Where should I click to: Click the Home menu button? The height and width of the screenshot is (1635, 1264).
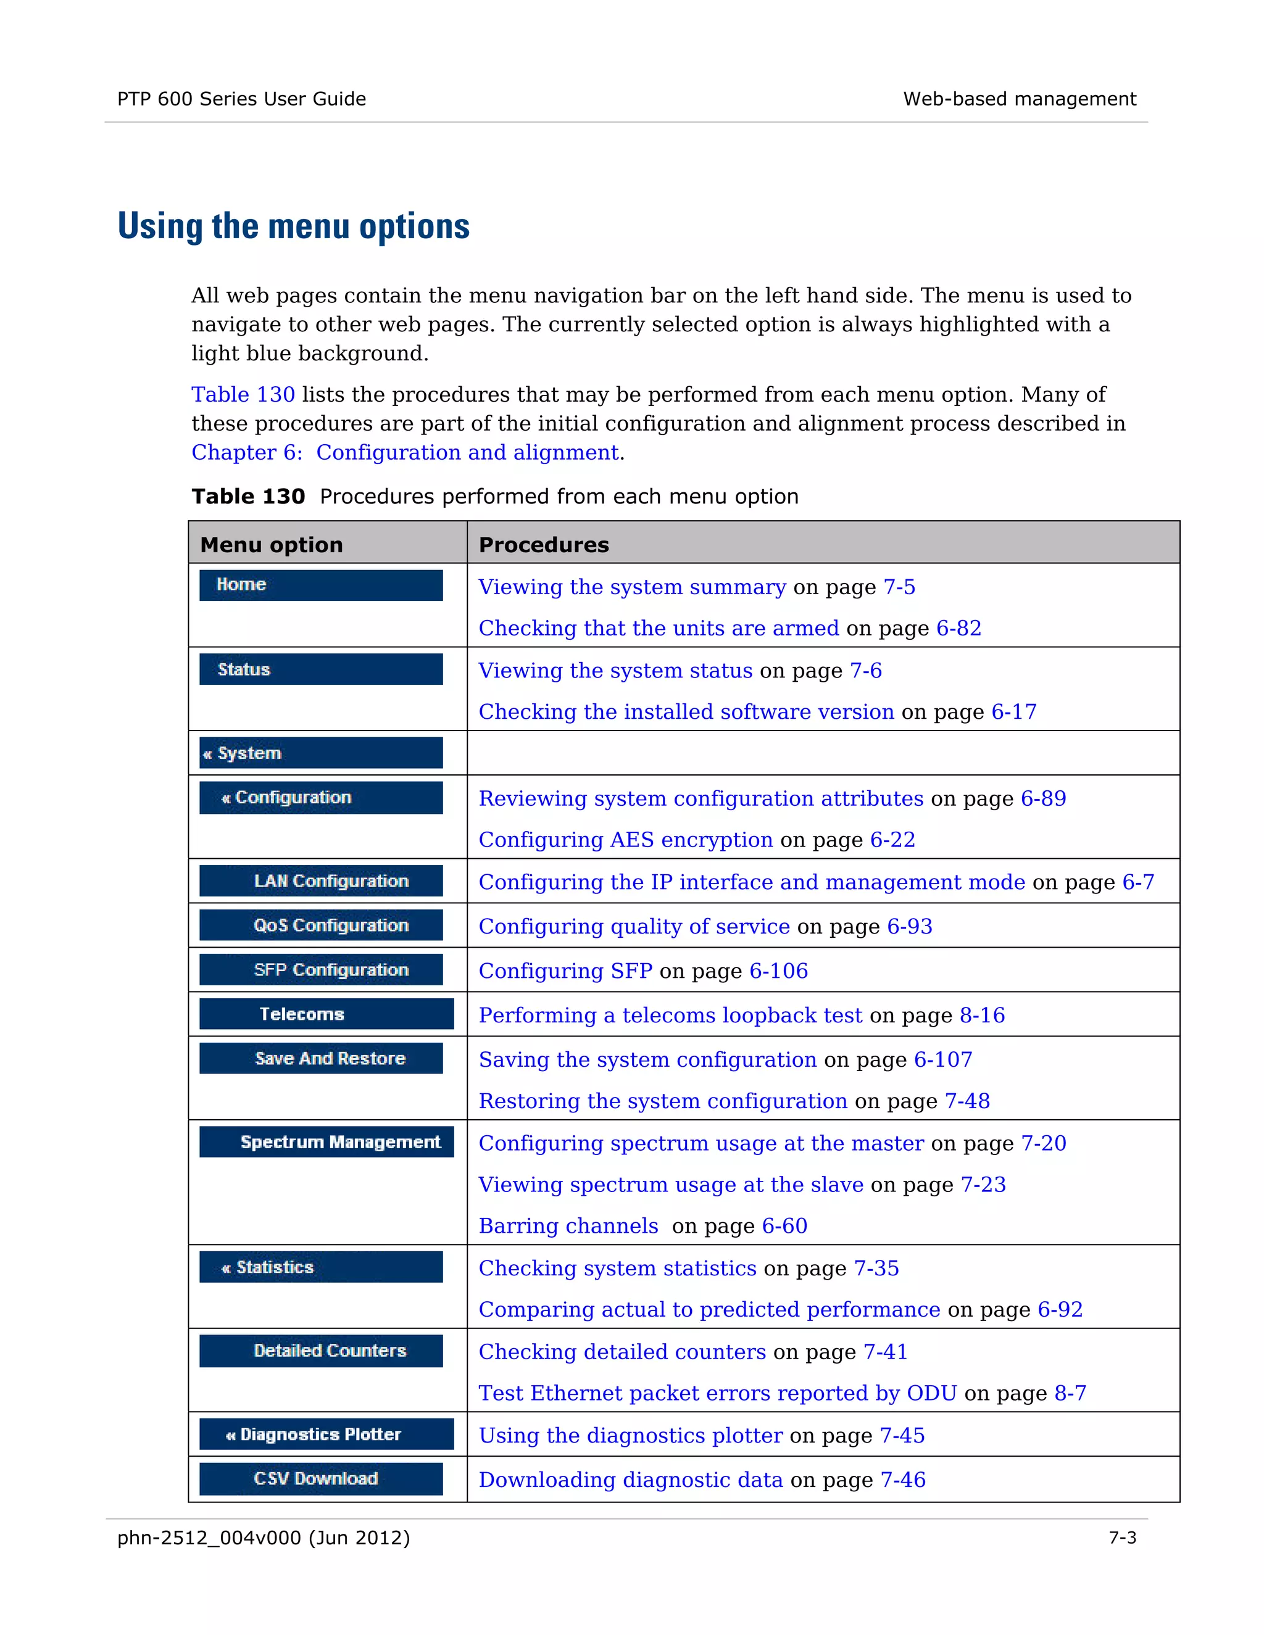coord(320,585)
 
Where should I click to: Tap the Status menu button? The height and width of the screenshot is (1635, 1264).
coord(320,669)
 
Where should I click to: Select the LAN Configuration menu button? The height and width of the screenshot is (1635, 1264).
coord(320,880)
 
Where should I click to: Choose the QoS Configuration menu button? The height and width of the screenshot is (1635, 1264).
coord(320,925)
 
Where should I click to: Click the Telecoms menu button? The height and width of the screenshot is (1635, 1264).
coord(326,1014)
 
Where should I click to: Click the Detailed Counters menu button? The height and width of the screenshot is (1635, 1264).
coord(320,1351)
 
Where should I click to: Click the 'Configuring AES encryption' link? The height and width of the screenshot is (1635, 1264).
coord(625,840)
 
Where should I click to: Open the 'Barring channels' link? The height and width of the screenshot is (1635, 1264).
coord(568,1227)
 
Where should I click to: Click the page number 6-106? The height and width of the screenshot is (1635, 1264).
coord(779,971)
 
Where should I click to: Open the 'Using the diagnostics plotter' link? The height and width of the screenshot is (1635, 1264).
coord(631,1435)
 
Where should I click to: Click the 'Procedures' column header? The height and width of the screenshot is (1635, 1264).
coord(544,544)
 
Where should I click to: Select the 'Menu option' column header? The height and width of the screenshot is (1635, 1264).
coord(271,544)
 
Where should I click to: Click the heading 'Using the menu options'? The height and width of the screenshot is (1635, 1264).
coord(294,226)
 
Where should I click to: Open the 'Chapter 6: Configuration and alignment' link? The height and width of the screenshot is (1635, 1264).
coord(405,452)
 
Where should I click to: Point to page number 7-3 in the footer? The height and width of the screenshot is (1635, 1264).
coord(1121,1538)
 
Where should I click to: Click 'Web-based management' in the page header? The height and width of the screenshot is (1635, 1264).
coord(1019,99)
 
